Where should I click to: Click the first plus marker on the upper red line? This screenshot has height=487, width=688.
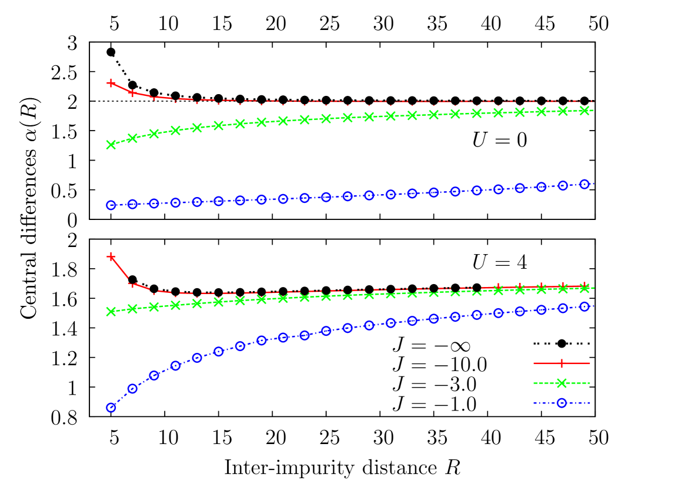coord(111,83)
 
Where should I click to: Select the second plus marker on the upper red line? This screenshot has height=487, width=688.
coord(132,93)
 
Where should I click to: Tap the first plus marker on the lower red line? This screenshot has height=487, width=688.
coord(111,256)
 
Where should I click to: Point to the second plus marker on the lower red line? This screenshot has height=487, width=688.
coord(133,284)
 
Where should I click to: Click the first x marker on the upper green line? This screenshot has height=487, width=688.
coord(111,145)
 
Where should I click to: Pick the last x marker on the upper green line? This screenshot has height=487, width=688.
coord(584,111)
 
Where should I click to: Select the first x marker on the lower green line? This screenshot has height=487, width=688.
coord(111,311)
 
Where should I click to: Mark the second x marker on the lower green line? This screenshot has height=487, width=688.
coord(132,309)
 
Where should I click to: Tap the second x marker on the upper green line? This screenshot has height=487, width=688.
coord(132,138)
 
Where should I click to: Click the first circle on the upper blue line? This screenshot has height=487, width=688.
coord(111,205)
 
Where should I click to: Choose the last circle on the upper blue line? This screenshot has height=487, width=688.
coord(584,184)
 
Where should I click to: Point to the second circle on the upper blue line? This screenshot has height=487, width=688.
coord(132,204)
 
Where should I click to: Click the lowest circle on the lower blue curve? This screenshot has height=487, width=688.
coord(111,407)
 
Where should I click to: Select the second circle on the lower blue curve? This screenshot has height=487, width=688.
coord(132,388)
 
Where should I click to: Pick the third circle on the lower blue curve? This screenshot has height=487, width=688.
coord(154,375)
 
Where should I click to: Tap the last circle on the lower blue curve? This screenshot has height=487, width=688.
coord(584,306)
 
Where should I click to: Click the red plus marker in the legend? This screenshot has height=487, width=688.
coord(562,363)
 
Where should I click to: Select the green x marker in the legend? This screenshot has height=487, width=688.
coord(562,383)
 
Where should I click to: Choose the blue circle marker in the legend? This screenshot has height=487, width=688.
coord(562,403)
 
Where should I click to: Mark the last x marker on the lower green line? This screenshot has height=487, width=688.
coord(584,288)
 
